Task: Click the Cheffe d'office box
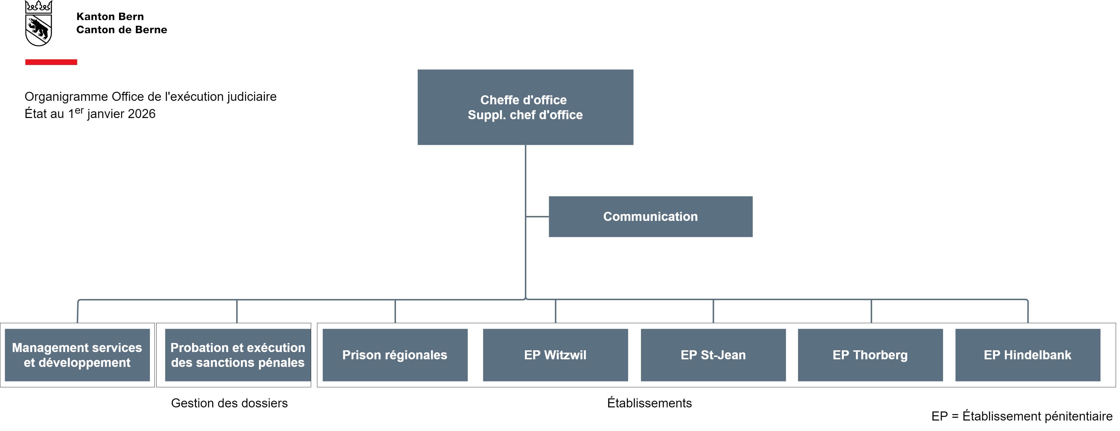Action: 525,107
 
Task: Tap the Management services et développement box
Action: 77,355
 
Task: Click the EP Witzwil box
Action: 555,355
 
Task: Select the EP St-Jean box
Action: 713,355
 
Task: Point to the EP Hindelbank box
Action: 1027,355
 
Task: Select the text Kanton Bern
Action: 110,17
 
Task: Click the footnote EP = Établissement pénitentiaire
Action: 1021,416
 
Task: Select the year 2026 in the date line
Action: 141,114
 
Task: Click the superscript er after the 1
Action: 79,110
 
